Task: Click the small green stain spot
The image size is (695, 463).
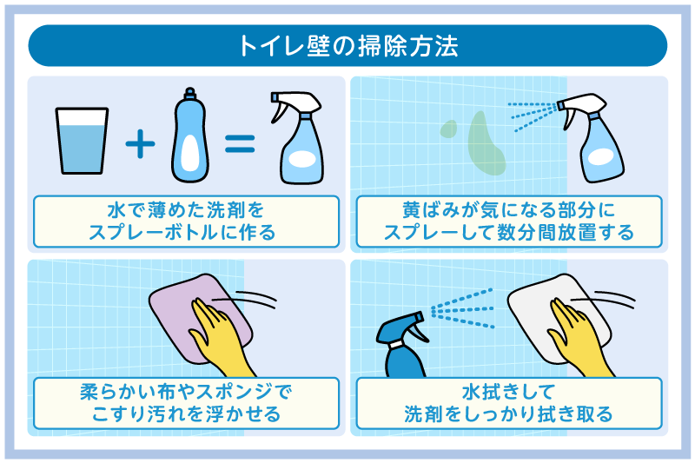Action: [447, 129]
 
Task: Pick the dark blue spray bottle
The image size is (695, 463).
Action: [402, 347]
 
